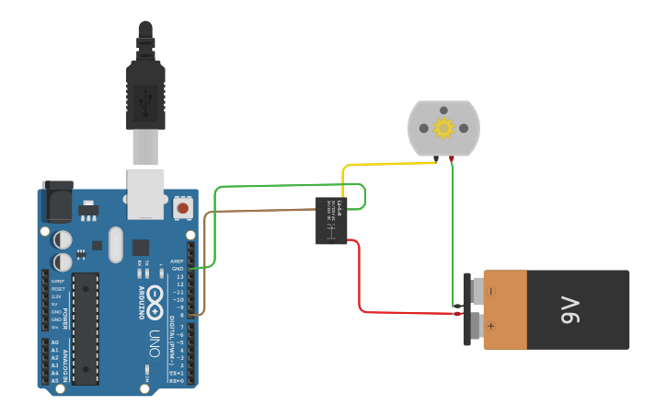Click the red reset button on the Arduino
[182, 209]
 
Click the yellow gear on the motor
[443, 128]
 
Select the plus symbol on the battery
[490, 326]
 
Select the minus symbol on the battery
[490, 292]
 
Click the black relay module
[331, 221]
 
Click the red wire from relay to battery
[359, 285]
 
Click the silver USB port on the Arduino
[145, 193]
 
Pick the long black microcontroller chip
[86, 328]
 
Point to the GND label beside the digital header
[178, 269]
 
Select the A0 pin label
[54, 342]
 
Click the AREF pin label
[178, 261]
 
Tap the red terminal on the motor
[452, 159]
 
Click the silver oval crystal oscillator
[115, 245]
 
